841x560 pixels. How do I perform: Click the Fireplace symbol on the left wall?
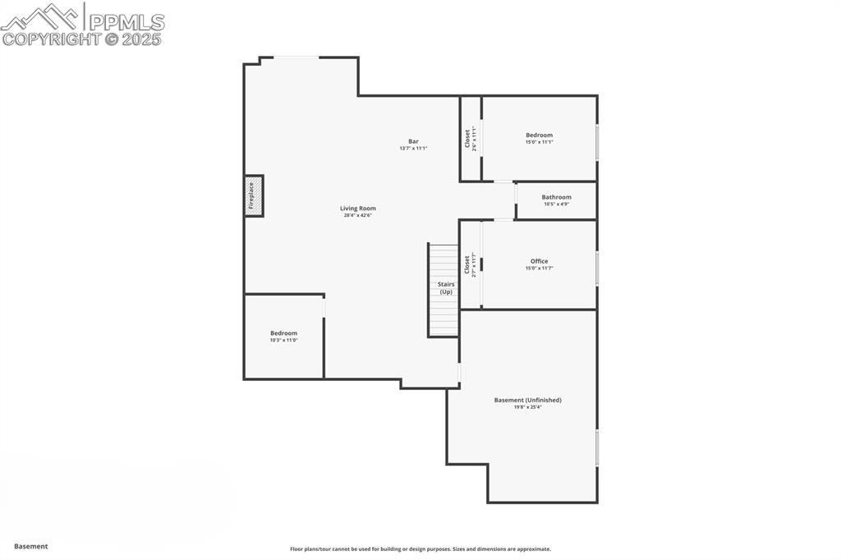pyautogui.click(x=254, y=195)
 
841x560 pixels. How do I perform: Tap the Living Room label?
pyautogui.click(x=358, y=209)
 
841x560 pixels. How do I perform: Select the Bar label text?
pyautogui.click(x=413, y=141)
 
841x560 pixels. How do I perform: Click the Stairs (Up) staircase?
pyautogui.click(x=443, y=289)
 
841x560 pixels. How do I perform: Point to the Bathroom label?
pyautogui.click(x=556, y=197)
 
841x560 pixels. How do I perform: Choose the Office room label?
pyautogui.click(x=539, y=261)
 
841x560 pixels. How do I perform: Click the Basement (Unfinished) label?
pyautogui.click(x=527, y=400)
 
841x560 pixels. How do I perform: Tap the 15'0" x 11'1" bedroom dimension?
pyautogui.click(x=539, y=142)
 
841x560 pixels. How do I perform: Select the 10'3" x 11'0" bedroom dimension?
pyautogui.click(x=283, y=340)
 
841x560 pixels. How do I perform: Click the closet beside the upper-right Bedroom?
pyautogui.click(x=470, y=138)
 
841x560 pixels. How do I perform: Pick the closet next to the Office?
pyautogui.click(x=470, y=264)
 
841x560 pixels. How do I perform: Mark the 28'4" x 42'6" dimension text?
pyautogui.click(x=358, y=215)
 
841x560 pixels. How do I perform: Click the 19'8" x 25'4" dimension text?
pyautogui.click(x=527, y=406)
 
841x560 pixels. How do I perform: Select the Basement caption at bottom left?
pyautogui.click(x=31, y=546)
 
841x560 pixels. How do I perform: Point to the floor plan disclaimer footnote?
pyautogui.click(x=420, y=549)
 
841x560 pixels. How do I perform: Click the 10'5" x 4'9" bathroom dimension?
pyautogui.click(x=556, y=204)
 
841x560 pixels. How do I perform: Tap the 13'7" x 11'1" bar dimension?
pyautogui.click(x=413, y=148)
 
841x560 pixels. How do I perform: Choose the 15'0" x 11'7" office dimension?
pyautogui.click(x=539, y=268)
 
